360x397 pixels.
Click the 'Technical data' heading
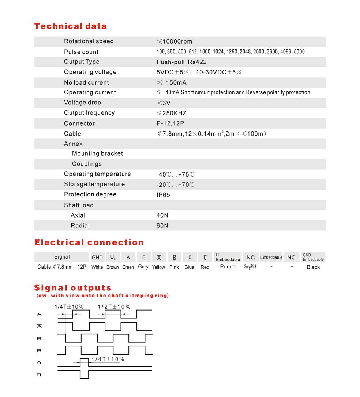coord(70,26)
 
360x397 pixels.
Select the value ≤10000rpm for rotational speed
coord(174,41)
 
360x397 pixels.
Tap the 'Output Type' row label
coord(82,62)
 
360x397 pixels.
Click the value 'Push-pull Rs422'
coord(181,62)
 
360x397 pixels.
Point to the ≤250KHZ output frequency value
coord(172,113)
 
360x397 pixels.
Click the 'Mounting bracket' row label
coord(97,153)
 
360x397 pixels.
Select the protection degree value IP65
coord(163,195)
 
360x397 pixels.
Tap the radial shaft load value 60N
coord(162,226)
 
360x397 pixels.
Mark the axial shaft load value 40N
coord(162,215)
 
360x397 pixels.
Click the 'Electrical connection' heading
coord(89,242)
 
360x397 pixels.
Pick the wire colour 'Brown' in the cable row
coord(112,267)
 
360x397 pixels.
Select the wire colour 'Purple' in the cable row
coord(228,267)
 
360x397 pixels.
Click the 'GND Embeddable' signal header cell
coord(313,257)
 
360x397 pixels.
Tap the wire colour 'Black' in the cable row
coord(313,267)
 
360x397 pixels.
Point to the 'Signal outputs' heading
coord(73,288)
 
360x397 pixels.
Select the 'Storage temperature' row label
coord(94,184)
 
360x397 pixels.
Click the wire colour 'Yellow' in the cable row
coord(158,267)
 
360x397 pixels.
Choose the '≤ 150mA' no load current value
coord(172,83)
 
